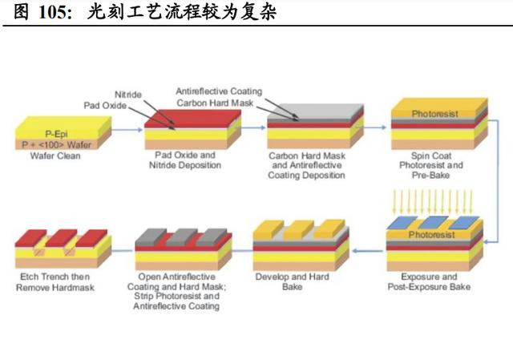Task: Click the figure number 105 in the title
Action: point(55,12)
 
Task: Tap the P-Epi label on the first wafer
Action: point(56,134)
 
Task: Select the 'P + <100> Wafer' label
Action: point(56,144)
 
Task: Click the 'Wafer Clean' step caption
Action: point(55,156)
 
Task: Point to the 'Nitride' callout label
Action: point(128,95)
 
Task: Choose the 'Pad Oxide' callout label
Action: point(105,105)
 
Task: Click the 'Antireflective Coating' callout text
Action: point(219,91)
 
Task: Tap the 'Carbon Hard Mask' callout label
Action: point(215,103)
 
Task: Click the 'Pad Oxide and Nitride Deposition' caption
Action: point(185,160)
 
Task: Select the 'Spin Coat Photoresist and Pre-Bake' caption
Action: point(431,165)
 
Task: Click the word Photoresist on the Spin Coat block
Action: point(434,114)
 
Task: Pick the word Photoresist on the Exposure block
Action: point(431,235)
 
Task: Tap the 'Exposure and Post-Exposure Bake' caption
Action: point(429,281)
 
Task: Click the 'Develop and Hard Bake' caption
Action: point(292,281)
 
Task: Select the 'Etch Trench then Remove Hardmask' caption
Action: point(55,282)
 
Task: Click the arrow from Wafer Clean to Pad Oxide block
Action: point(127,130)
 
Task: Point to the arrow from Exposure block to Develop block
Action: point(368,251)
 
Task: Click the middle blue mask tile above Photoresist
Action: point(433,223)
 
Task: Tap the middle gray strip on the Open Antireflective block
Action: point(180,237)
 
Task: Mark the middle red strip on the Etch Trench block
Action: point(61,238)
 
